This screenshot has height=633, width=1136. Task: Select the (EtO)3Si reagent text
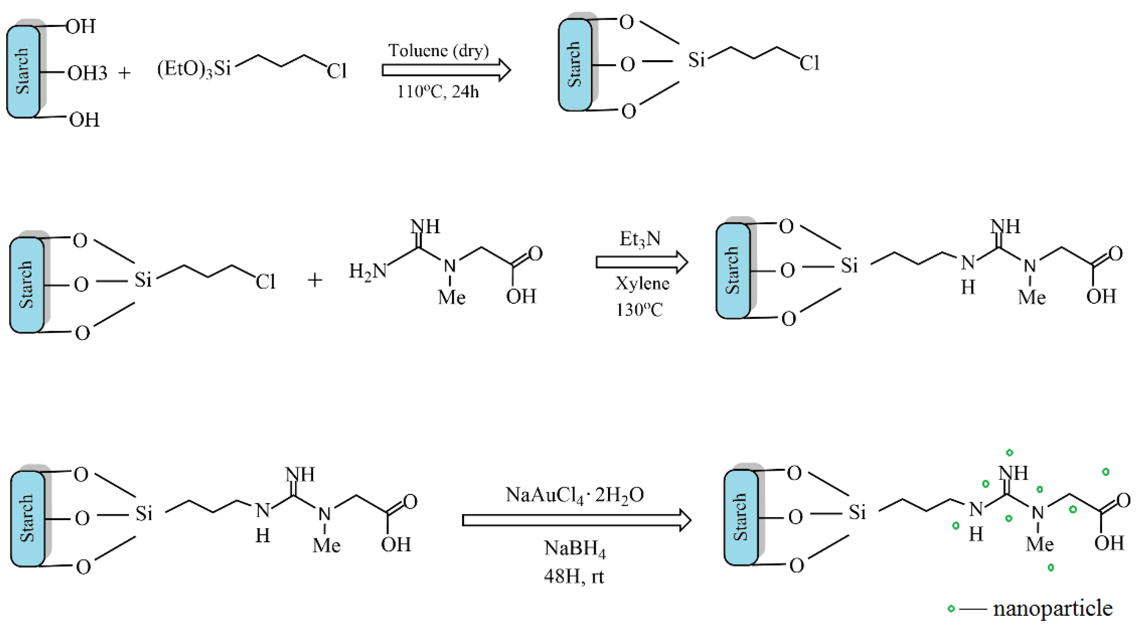194,69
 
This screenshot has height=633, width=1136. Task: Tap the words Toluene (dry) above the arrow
438,51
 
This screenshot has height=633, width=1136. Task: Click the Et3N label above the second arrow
640,240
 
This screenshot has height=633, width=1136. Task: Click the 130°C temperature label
639,310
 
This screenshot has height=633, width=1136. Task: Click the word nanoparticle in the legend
1052,608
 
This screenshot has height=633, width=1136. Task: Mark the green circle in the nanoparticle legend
951,609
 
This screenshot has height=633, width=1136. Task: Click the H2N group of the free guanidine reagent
367,271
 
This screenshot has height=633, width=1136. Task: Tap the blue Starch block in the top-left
23,72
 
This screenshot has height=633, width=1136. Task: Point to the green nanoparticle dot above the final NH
1009,452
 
